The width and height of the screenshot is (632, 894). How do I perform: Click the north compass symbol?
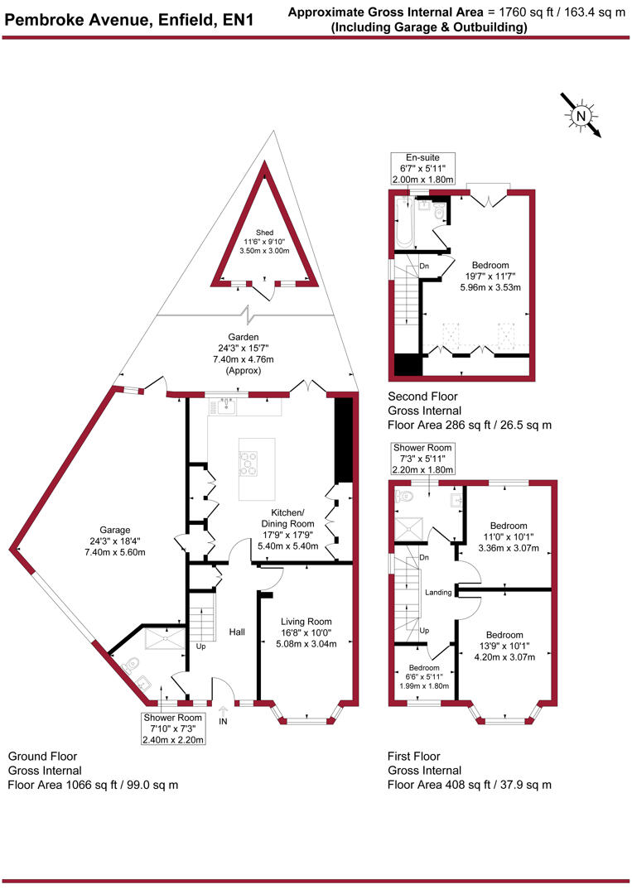[x=582, y=117]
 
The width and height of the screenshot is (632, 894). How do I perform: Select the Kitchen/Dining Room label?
[x=288, y=524]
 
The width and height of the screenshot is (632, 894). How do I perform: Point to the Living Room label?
[x=306, y=632]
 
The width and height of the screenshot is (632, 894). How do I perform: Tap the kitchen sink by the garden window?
[x=223, y=406]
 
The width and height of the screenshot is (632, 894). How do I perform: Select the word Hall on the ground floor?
[x=237, y=632]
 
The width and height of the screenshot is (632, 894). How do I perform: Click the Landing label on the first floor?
[x=438, y=593]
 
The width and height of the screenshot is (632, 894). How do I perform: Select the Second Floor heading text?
[x=422, y=397]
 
